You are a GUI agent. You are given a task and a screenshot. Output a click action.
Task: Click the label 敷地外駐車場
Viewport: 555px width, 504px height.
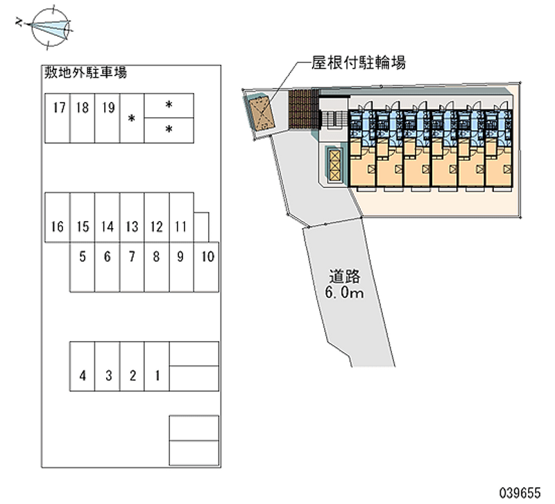coord(85,71)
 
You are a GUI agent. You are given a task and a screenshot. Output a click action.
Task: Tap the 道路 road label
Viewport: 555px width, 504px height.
coord(345,277)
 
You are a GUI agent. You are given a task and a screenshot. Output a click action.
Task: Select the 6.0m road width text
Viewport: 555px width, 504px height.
coord(345,293)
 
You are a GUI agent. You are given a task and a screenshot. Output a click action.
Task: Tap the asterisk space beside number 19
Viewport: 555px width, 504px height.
coord(132,118)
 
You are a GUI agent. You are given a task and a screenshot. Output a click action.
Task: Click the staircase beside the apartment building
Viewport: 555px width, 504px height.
coord(332,118)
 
